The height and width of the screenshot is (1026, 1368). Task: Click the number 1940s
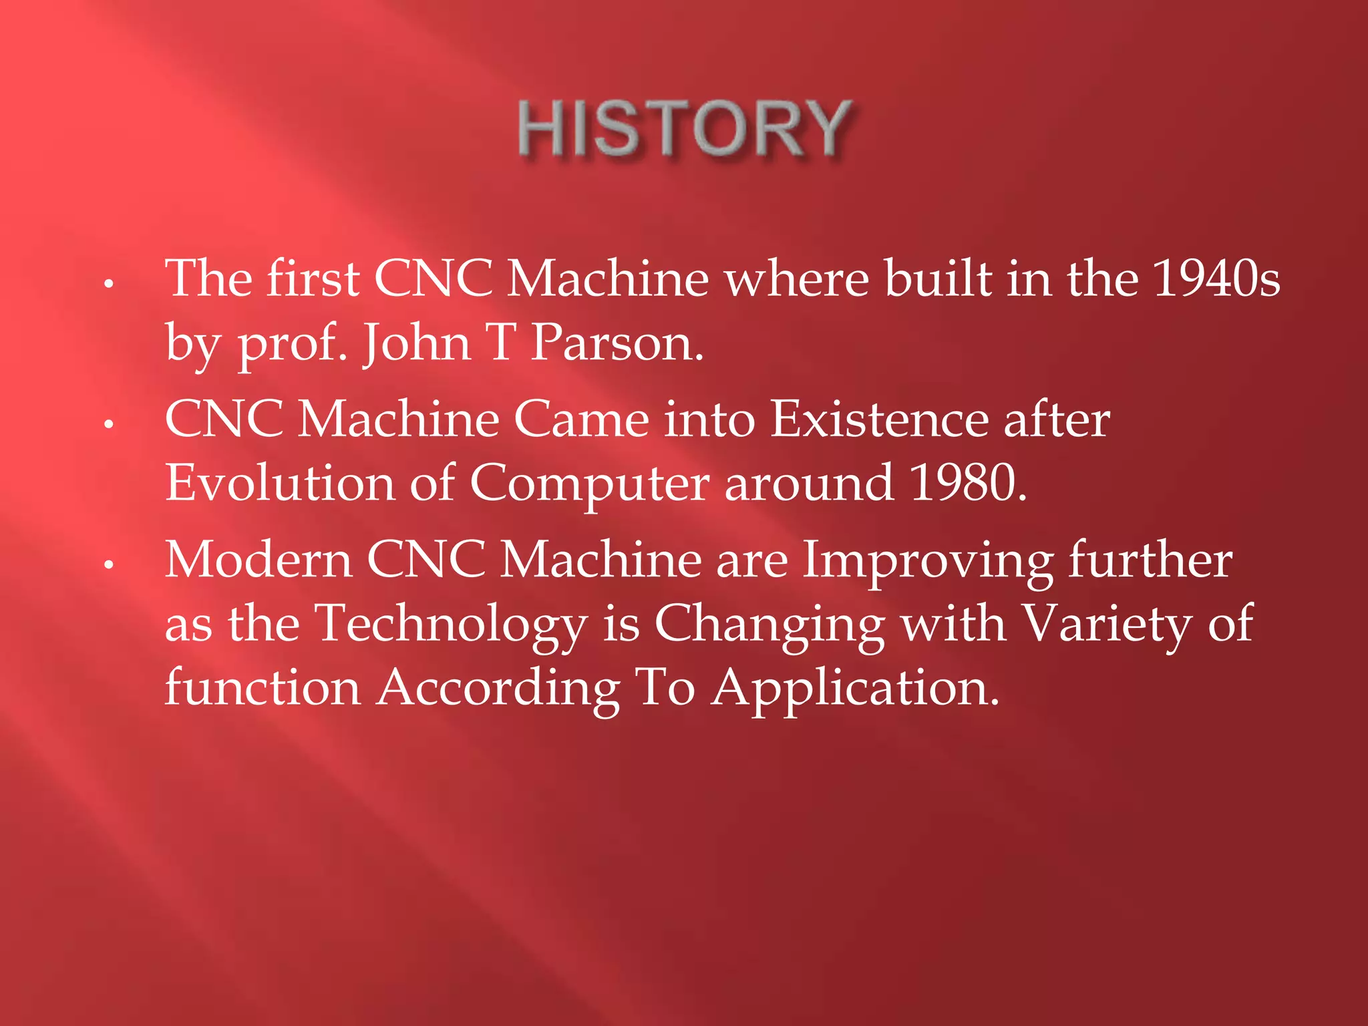pos(1216,278)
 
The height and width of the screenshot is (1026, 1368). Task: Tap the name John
pos(417,342)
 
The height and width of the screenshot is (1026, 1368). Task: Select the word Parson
pos(617,342)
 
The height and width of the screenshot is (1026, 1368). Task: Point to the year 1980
pos(967,482)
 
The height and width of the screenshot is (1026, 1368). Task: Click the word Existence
pos(879,419)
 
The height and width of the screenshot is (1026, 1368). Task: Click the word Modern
pos(259,560)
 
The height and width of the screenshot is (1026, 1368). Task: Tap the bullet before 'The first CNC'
pos(109,283)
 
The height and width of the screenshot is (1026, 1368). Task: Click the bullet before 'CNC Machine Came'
pos(109,423)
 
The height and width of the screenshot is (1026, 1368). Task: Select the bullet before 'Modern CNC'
pos(109,565)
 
